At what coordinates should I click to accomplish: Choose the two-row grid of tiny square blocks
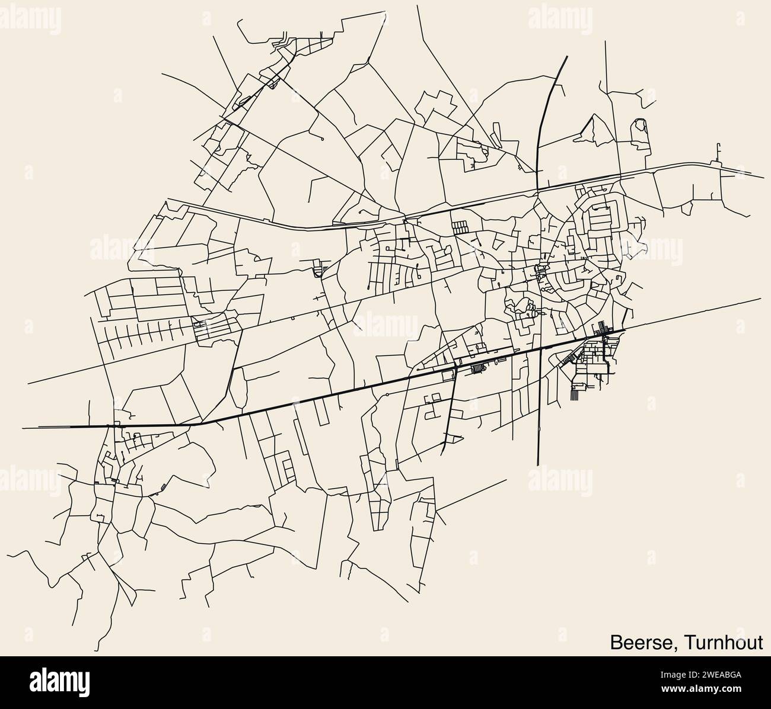coord(460,226)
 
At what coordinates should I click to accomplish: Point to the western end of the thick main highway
coord(24,426)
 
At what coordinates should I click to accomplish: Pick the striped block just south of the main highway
coord(477,370)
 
